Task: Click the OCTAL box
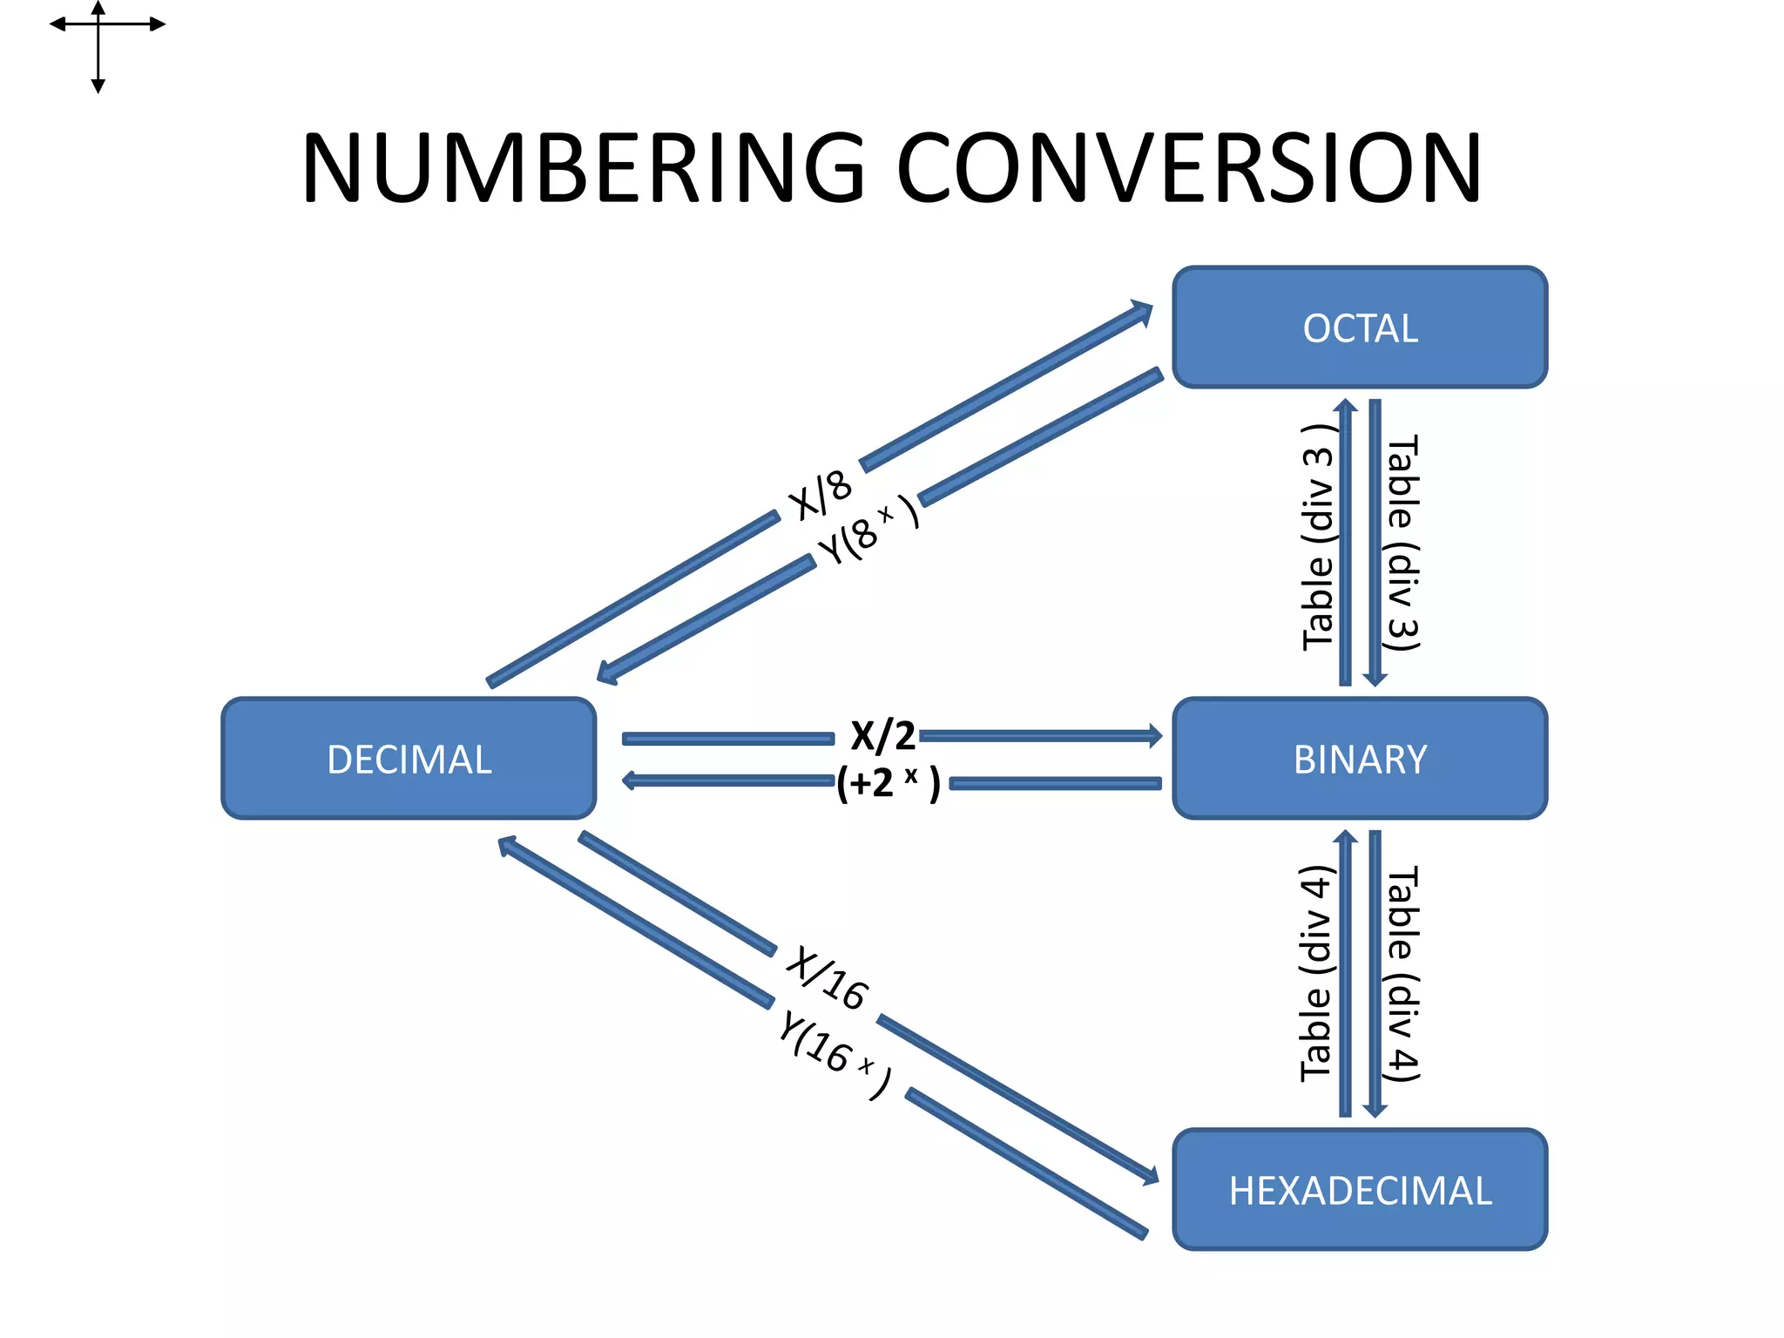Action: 1360,328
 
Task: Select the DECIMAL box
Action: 409,759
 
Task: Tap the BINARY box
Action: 1360,759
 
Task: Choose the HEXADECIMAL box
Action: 1360,1190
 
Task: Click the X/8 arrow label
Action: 820,495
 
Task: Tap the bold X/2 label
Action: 882,736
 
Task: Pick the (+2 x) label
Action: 889,783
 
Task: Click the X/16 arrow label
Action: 827,979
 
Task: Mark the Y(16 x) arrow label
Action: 835,1055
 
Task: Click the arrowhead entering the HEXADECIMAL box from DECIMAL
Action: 1149,1175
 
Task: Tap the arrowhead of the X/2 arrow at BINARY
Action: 1155,736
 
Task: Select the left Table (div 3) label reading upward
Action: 1319,537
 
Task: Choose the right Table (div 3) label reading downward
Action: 1402,543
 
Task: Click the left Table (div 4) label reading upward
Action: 1317,973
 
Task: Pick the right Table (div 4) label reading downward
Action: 1402,974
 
